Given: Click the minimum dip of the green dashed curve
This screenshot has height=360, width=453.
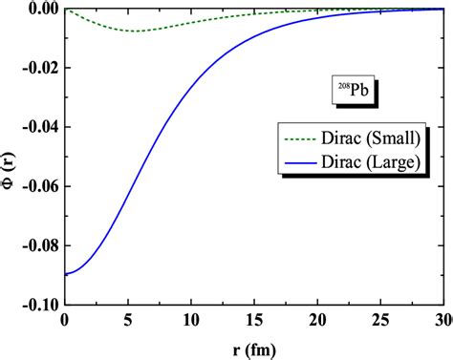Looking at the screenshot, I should pos(138,32).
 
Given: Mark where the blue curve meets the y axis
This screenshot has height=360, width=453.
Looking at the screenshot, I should pos(65,275).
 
